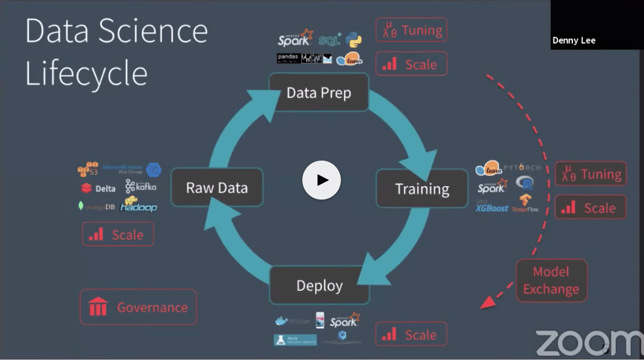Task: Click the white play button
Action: click(321, 180)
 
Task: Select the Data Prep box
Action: click(319, 93)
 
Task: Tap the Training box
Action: click(422, 188)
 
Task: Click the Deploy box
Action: click(319, 285)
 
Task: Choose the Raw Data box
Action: click(217, 187)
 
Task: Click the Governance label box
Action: click(138, 307)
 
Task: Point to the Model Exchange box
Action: click(551, 281)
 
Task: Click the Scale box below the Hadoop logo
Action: click(118, 234)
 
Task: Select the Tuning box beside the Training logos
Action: click(591, 174)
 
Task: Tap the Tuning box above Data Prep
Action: click(411, 30)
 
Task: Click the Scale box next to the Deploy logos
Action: click(411, 334)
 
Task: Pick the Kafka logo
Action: click(141, 186)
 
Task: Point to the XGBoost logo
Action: click(492, 208)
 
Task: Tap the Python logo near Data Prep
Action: click(354, 40)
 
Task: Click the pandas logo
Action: click(288, 57)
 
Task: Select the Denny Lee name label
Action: click(574, 41)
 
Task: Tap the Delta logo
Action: click(99, 188)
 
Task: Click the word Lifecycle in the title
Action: click(86, 73)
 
